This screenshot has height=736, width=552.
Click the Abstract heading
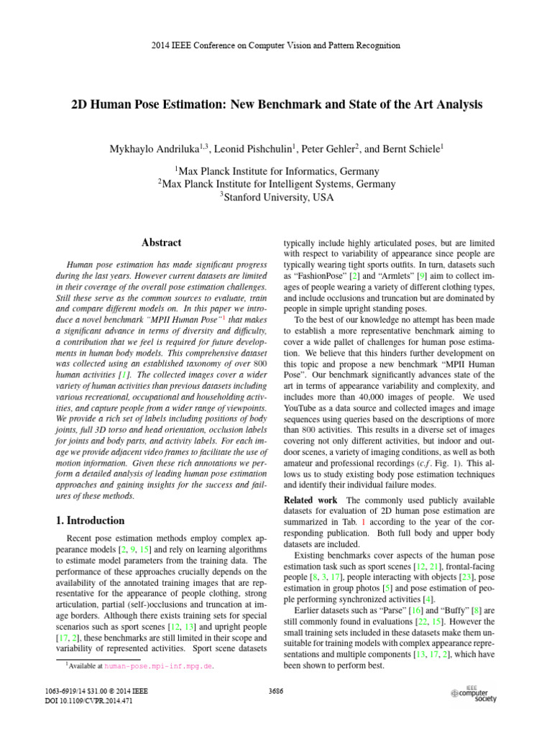[x=161, y=243]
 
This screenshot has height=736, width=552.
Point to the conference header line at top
[x=276, y=45]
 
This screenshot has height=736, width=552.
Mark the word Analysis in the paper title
[x=455, y=104]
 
